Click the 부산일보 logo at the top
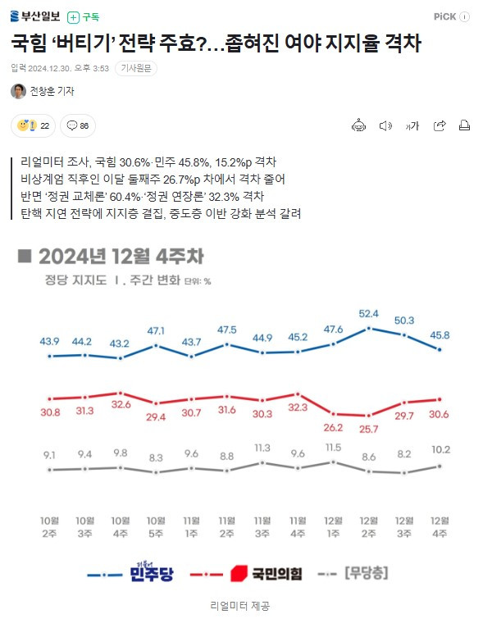[x=35, y=16]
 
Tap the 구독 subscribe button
[x=85, y=16]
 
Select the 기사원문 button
[x=135, y=68]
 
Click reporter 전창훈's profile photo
[x=18, y=92]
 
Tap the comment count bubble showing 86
[x=79, y=125]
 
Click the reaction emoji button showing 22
[x=33, y=125]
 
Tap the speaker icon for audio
[x=385, y=125]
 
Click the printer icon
[x=464, y=125]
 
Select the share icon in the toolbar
[x=439, y=125]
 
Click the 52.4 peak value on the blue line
[x=368, y=313]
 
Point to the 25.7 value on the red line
[x=368, y=430]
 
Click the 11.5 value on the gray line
[x=333, y=448]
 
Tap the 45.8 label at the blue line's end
[x=440, y=335]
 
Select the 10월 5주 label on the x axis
[x=155, y=526]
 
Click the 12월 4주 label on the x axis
[x=440, y=526]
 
